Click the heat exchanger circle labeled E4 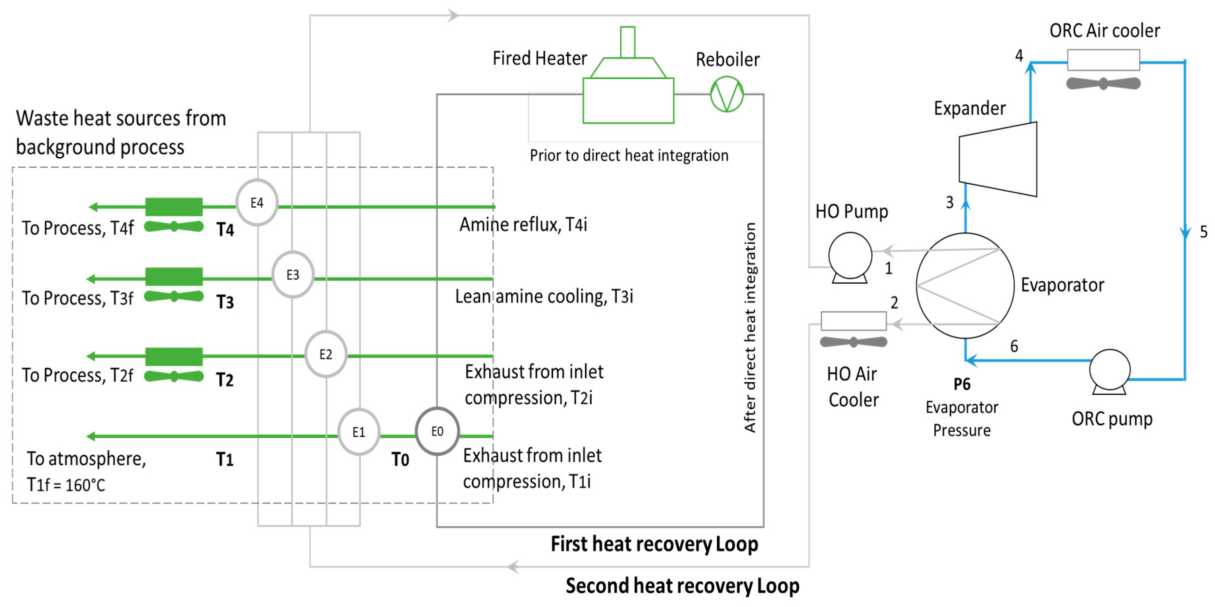257,203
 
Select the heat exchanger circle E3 293,275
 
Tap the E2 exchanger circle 325,354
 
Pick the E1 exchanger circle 358,432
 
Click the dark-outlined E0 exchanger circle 437,431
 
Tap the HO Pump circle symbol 850,256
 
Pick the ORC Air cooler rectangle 1103,60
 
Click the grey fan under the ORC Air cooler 1103,84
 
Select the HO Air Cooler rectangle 853,321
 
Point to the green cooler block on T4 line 174,207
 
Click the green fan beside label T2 174,376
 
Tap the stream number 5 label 1203,232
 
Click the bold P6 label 962,384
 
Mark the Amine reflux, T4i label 523,225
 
